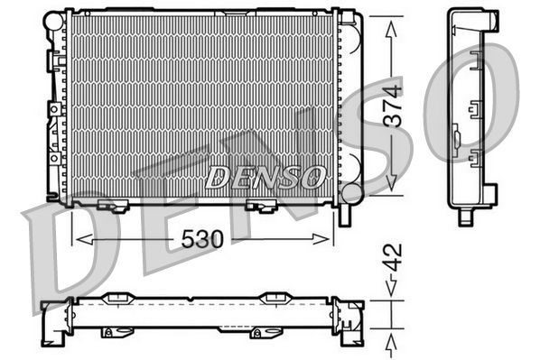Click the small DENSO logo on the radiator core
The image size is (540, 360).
pyautogui.click(x=265, y=177)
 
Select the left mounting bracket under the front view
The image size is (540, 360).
pyautogui.click(x=114, y=207)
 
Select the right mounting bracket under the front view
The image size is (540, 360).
pyautogui.click(x=262, y=207)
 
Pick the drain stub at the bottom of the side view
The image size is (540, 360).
pyautogui.click(x=465, y=216)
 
